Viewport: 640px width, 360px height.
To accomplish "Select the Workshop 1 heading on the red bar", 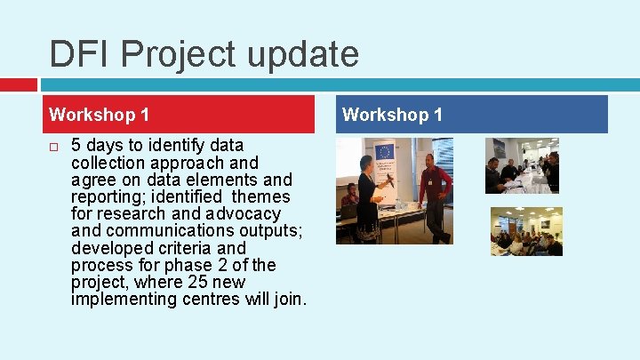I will point(99,115).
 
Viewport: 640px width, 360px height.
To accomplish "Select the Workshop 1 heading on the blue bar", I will point(392,115).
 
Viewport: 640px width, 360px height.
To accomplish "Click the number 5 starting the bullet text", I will point(76,145).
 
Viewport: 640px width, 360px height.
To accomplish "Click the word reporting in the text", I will point(108,196).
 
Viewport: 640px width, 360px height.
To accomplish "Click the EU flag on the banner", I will point(384,152).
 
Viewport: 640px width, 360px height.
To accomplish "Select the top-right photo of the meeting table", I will point(522,166).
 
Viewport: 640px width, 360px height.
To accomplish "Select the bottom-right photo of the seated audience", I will point(526,231).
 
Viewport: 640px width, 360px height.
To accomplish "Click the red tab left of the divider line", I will point(18,84).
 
